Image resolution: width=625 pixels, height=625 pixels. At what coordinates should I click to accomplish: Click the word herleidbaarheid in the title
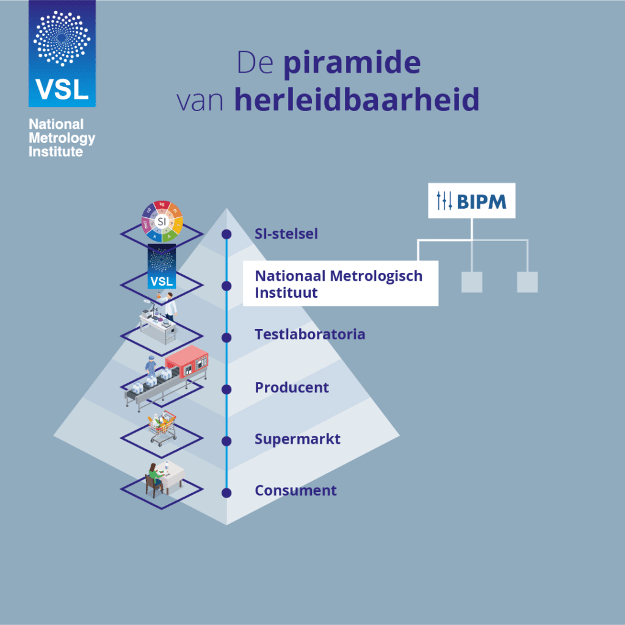[356, 100]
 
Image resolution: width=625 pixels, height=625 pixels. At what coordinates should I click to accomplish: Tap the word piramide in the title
[352, 64]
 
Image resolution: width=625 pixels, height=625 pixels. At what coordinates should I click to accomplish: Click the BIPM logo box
[471, 200]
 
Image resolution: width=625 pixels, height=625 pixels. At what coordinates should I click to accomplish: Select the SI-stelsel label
[286, 234]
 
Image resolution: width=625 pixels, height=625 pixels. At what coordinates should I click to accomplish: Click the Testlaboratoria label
[310, 334]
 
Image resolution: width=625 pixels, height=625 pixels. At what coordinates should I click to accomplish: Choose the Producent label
[292, 388]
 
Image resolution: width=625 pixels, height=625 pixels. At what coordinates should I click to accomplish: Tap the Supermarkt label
[297, 439]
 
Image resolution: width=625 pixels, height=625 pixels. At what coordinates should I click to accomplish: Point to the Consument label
[295, 490]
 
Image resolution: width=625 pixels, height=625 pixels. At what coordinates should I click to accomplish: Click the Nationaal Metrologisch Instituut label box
[339, 284]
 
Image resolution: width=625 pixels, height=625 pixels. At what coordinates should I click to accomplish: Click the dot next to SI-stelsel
[226, 234]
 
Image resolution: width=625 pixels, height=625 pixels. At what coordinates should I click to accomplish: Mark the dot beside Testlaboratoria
[226, 337]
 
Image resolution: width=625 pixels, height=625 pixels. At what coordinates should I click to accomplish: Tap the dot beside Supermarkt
[226, 440]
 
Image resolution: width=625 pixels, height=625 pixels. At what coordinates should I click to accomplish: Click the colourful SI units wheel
[162, 221]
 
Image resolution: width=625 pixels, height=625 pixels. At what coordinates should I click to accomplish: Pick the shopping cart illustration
[162, 428]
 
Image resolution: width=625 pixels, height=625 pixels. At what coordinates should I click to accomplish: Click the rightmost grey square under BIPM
[527, 282]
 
